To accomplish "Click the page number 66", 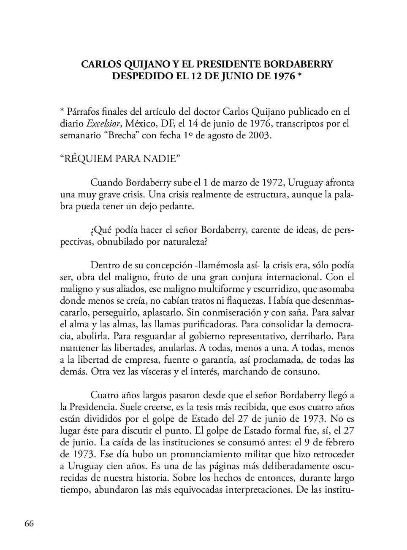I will point(29,523).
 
